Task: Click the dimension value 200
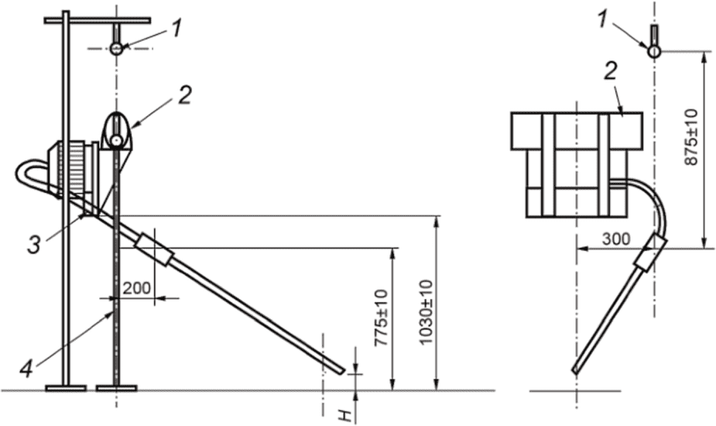click(x=137, y=288)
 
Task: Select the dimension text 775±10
click(x=381, y=318)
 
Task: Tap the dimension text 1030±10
click(x=426, y=312)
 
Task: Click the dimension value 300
click(x=616, y=239)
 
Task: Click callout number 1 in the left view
click(x=176, y=29)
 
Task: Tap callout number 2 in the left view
click(x=184, y=95)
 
